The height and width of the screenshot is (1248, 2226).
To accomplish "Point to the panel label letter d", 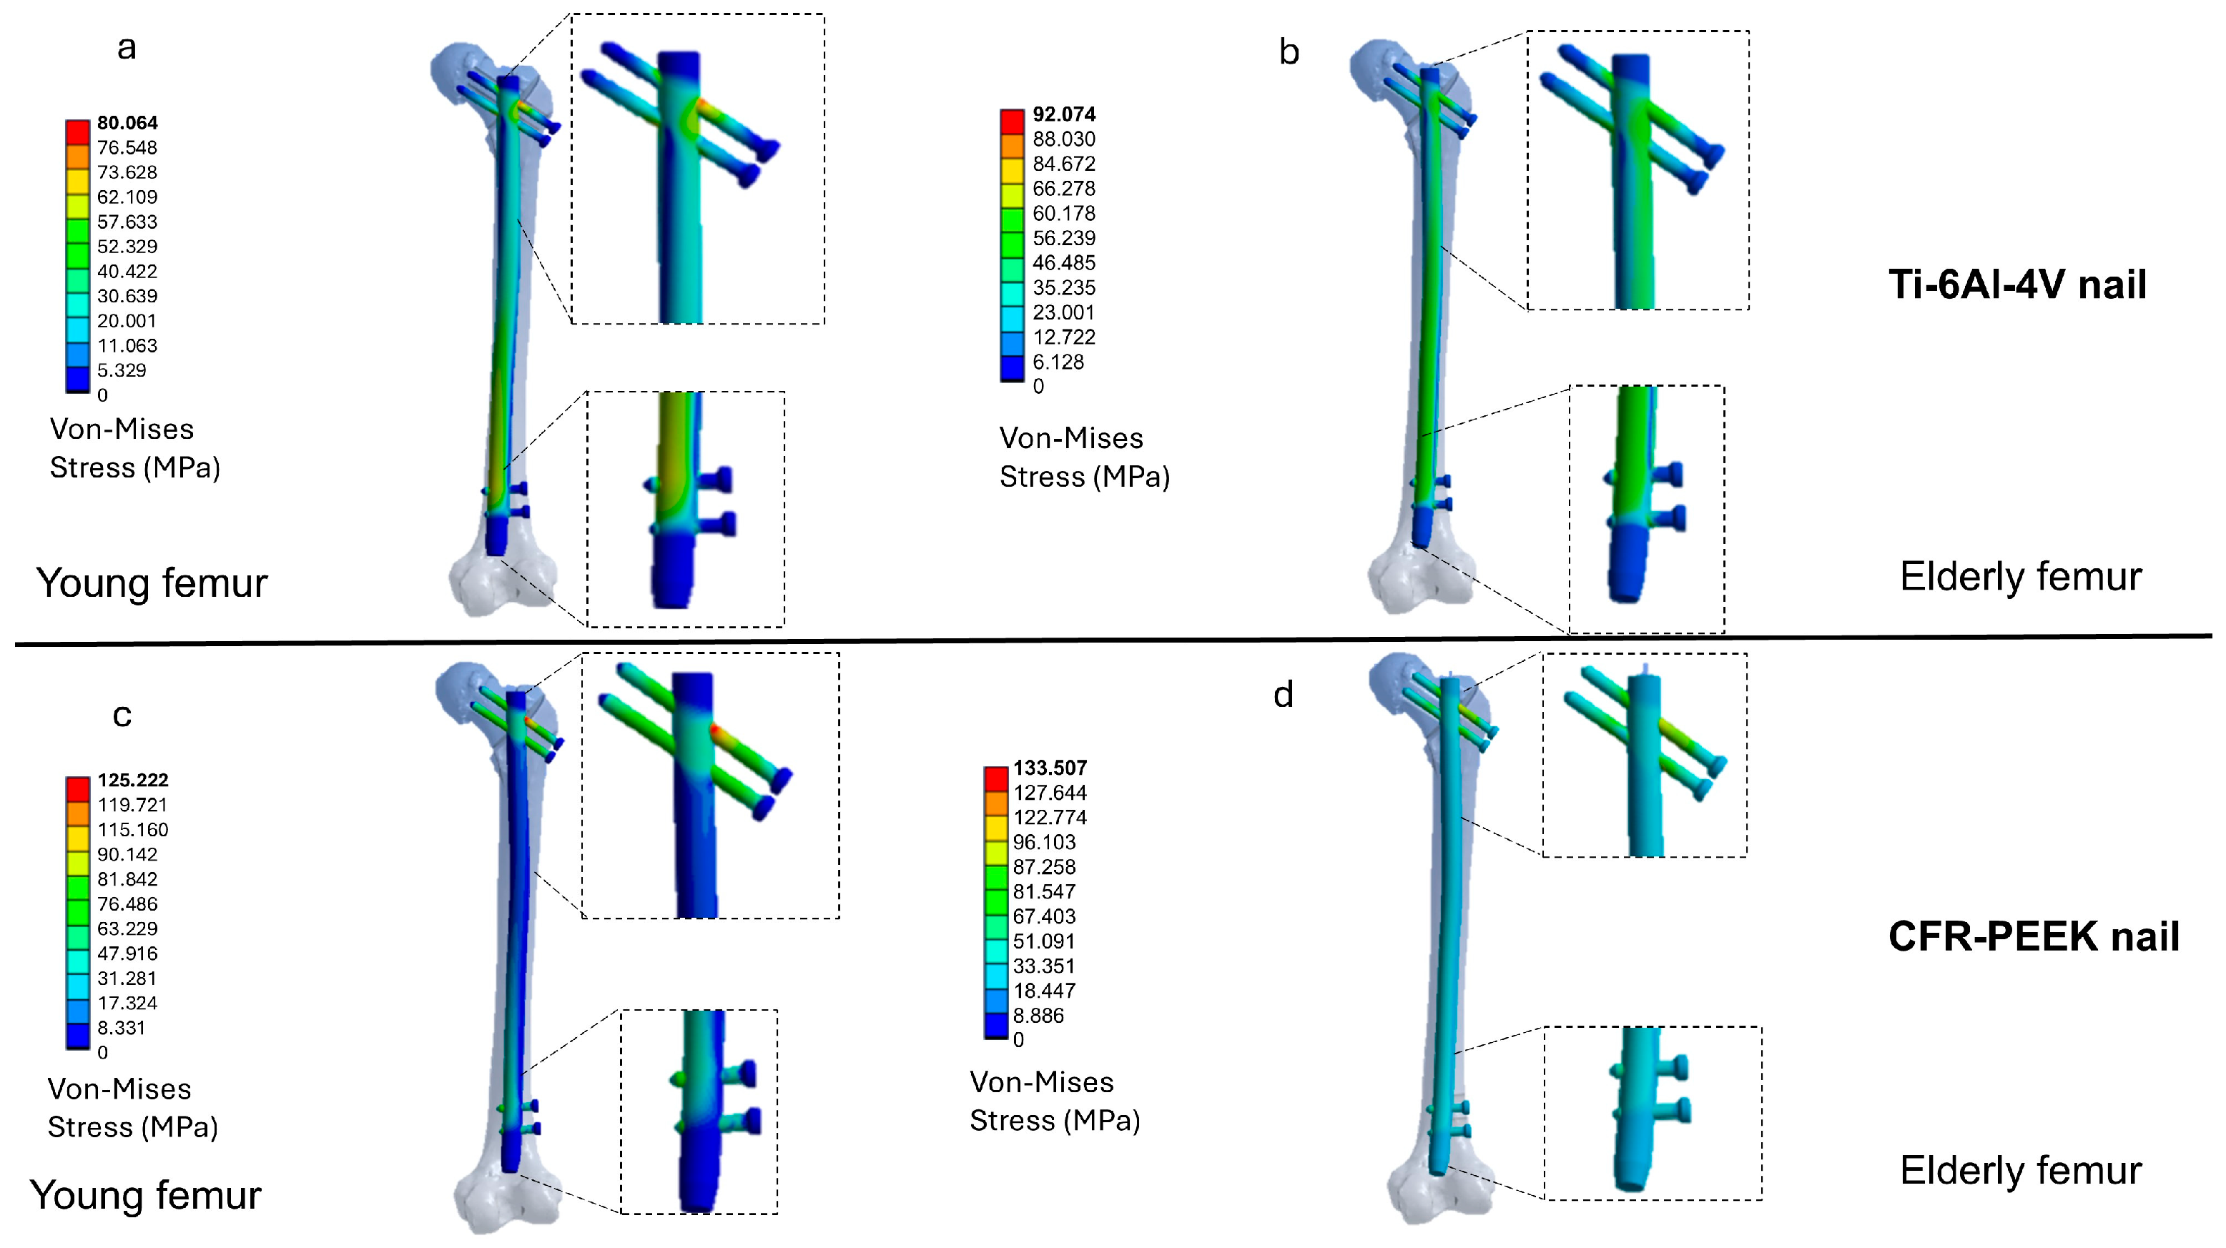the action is pos(1284,694).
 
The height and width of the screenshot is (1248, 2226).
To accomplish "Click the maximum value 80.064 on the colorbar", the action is pos(127,123).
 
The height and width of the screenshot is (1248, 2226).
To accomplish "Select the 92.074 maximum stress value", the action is pos(1064,114).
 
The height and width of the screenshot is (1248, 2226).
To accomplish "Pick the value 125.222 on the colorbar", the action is pos(132,780).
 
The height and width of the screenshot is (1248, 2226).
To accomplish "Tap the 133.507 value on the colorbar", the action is pos(1050,768).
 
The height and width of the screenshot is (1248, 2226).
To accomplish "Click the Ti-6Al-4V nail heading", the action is pos(2017,284).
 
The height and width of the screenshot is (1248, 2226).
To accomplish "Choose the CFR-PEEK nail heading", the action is pos(2034,936).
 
